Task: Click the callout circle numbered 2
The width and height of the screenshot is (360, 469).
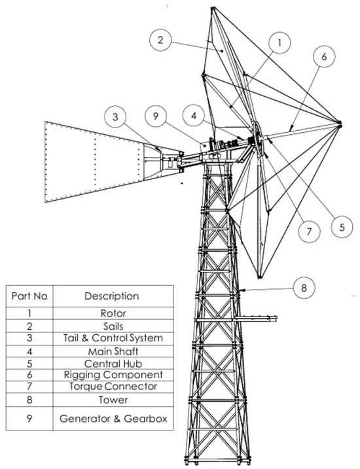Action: click(160, 40)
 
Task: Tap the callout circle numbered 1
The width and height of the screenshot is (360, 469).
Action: click(279, 43)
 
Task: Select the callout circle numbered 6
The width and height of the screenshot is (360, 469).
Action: click(325, 56)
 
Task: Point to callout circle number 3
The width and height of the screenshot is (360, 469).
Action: click(115, 116)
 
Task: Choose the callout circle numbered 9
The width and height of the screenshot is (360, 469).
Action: click(155, 116)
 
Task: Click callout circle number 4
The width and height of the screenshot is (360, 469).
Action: click(194, 116)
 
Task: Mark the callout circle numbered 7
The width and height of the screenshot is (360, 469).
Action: click(309, 231)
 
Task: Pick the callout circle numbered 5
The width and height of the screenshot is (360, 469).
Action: click(342, 227)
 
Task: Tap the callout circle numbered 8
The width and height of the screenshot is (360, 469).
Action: click(304, 288)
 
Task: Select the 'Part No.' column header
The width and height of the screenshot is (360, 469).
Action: click(29, 296)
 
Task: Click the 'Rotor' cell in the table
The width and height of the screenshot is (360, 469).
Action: click(113, 313)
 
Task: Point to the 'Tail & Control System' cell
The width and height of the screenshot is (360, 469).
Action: click(113, 338)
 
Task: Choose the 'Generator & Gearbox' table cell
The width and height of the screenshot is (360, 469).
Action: click(113, 419)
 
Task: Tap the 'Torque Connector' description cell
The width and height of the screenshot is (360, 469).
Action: click(113, 387)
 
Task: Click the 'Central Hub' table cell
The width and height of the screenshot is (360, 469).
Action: click(113, 364)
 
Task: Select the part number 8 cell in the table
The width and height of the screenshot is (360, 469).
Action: click(29, 400)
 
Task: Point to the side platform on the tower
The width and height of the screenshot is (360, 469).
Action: click(257, 319)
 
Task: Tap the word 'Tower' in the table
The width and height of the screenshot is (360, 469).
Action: click(113, 400)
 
